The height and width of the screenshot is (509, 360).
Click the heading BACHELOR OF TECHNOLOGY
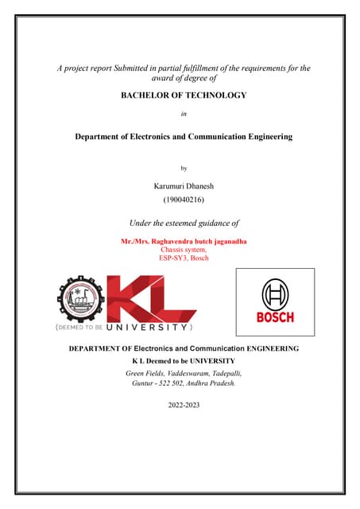pyautogui.click(x=183, y=95)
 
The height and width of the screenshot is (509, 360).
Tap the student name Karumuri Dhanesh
pyautogui.click(x=183, y=185)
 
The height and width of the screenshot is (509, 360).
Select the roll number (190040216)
pyautogui.click(x=183, y=201)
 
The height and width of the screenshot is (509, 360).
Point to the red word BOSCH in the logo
pyautogui.click(x=275, y=317)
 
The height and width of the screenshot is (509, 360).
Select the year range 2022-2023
pyautogui.click(x=184, y=406)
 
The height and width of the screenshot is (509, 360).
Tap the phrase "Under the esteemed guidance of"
pyautogui.click(x=184, y=223)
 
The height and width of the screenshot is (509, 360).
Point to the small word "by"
pyautogui.click(x=184, y=169)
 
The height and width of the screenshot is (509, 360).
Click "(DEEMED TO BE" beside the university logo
pyautogui.click(x=79, y=327)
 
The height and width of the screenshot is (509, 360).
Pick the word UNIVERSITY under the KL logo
pyautogui.click(x=148, y=327)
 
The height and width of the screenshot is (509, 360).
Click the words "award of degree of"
pyautogui.click(x=184, y=79)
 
